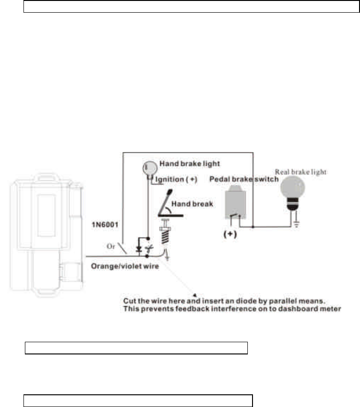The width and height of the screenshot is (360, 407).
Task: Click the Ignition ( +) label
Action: [174, 179]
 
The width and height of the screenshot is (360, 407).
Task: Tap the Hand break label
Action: [186, 204]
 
